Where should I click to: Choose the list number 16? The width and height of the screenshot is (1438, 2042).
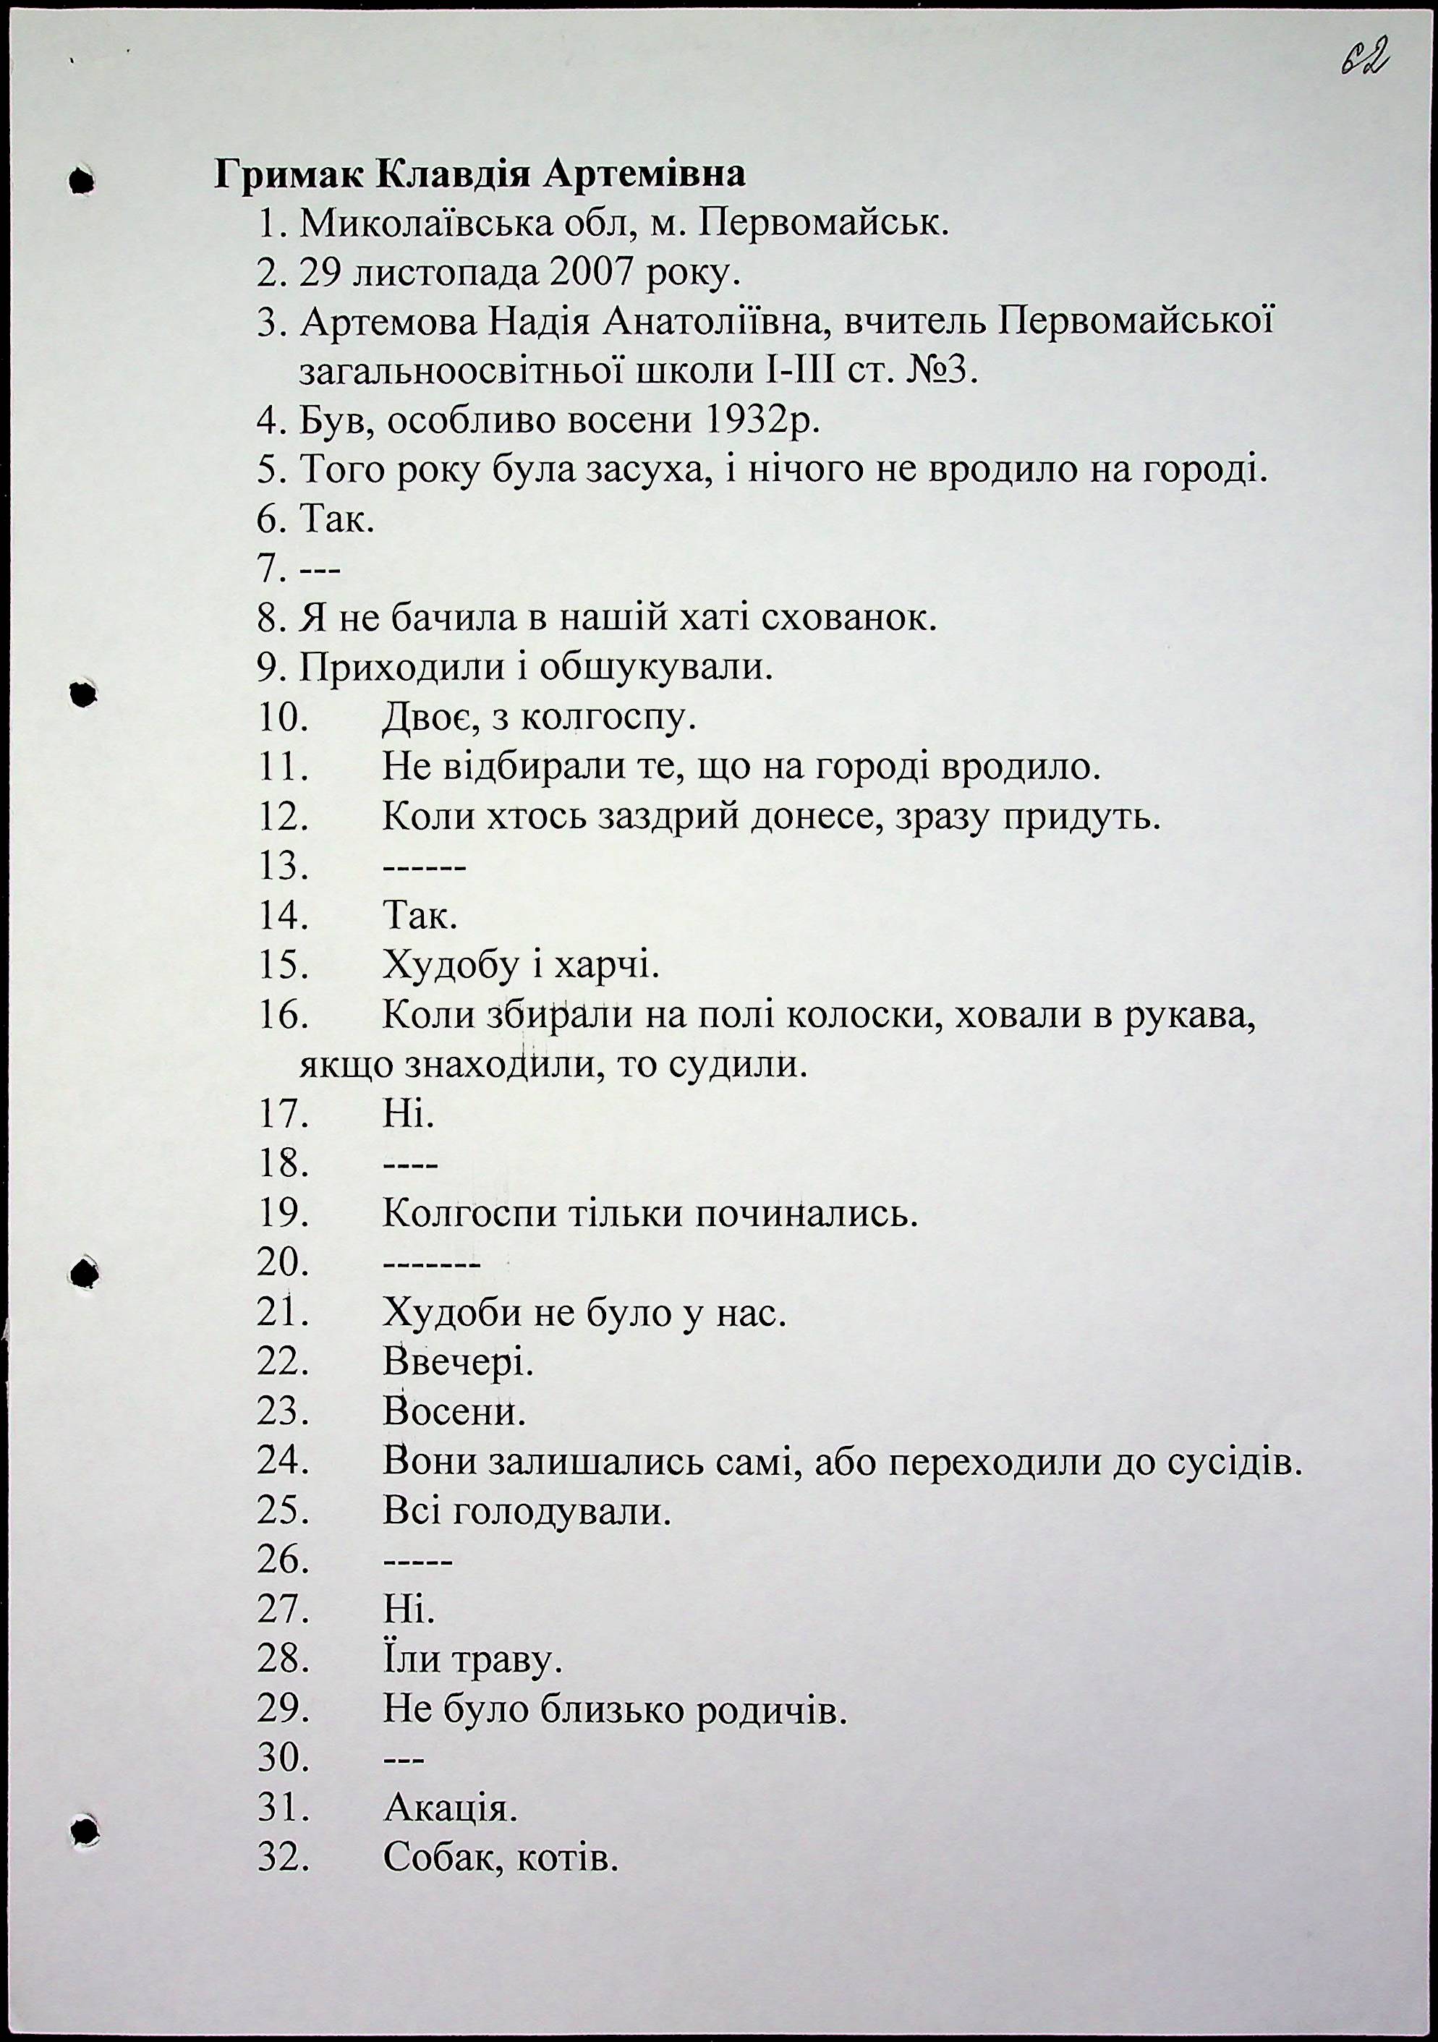283,1015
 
